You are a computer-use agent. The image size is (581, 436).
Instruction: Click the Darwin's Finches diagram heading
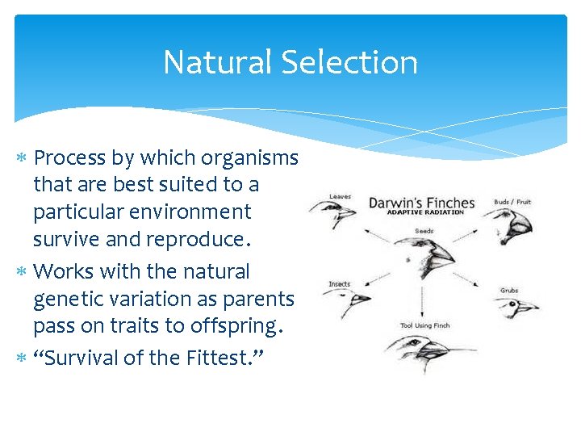(x=422, y=202)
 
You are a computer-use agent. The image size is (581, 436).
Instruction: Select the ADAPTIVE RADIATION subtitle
(x=425, y=212)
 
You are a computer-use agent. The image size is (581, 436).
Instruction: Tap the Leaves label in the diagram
(x=340, y=195)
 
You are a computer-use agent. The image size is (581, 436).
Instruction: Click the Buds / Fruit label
(x=513, y=202)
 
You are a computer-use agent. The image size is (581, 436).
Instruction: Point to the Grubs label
(x=509, y=290)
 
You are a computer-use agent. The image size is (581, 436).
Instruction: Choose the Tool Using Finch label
(x=425, y=325)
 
